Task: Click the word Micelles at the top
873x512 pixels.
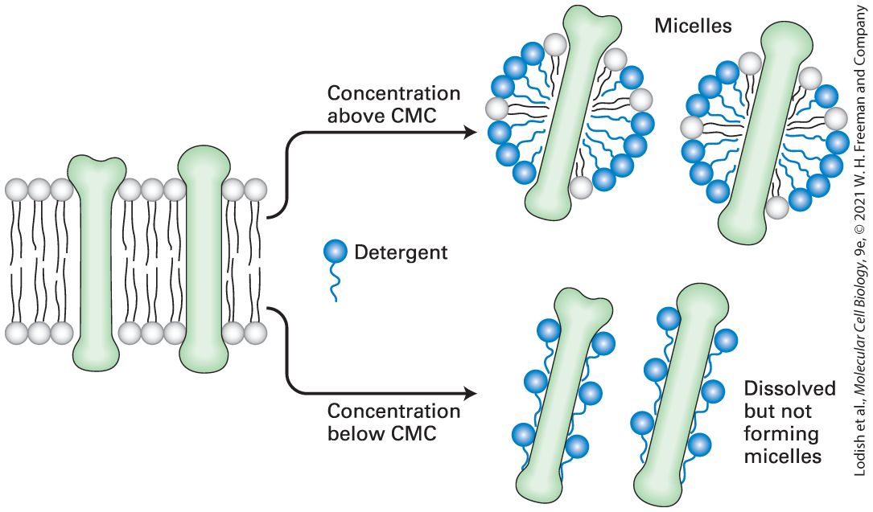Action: [x=693, y=26]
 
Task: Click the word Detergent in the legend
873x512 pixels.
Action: [x=401, y=252]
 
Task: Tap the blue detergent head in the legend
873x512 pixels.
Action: [x=336, y=252]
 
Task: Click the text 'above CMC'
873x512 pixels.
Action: [x=382, y=116]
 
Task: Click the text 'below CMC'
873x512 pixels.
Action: [x=382, y=433]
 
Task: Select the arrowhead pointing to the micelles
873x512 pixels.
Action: [x=471, y=133]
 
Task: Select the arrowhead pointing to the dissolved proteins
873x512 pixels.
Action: [x=471, y=394]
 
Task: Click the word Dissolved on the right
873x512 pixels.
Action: [x=789, y=388]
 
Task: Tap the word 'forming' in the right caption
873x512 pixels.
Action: [x=781, y=434]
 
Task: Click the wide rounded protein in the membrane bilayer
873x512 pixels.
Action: [x=204, y=259]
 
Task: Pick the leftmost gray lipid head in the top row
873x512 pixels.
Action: [x=16, y=190]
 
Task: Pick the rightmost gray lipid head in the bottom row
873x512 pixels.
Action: [x=256, y=333]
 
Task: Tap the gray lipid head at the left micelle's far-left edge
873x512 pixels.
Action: [x=497, y=108]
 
